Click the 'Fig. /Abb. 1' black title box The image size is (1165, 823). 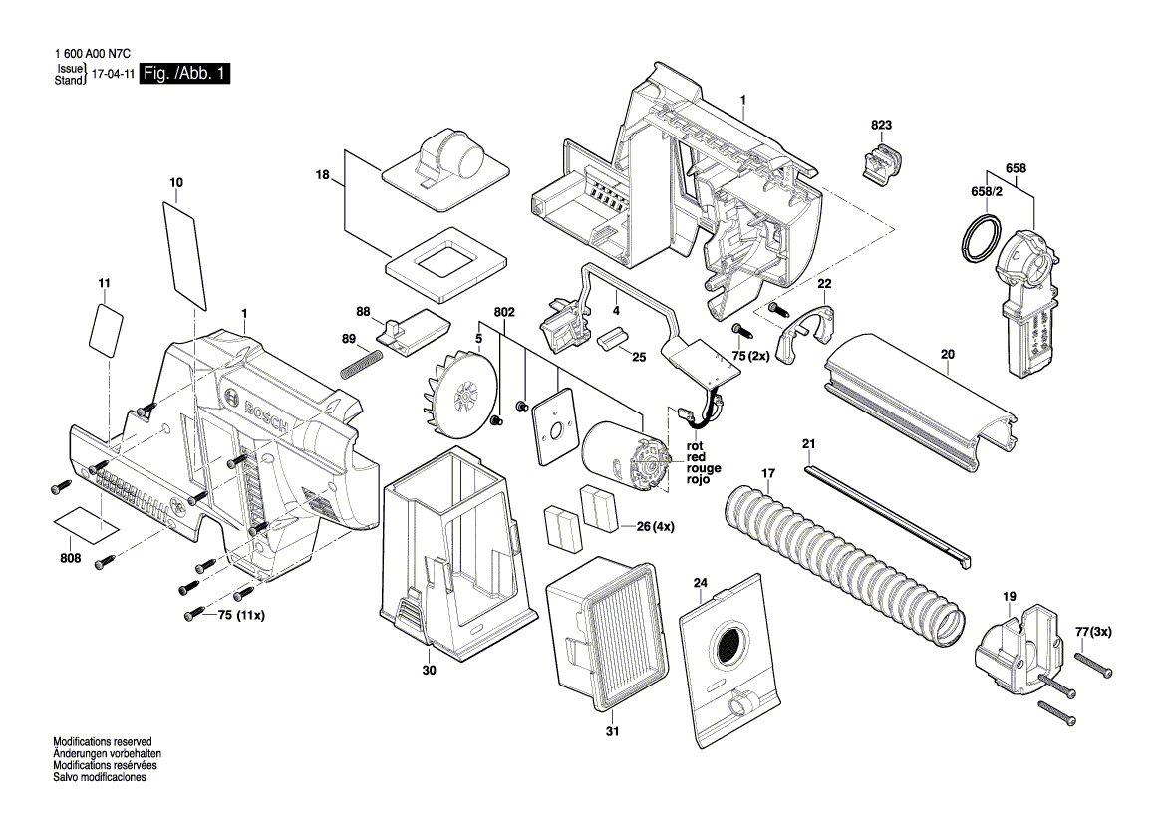tap(185, 74)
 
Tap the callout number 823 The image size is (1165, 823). tap(881, 125)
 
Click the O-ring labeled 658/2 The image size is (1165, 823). tap(980, 239)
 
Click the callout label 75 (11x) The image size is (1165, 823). tap(241, 616)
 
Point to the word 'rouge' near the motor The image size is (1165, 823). tap(703, 468)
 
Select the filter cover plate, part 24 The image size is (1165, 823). tap(728, 663)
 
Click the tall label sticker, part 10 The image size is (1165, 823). tap(184, 252)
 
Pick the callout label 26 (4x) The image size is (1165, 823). tap(655, 526)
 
